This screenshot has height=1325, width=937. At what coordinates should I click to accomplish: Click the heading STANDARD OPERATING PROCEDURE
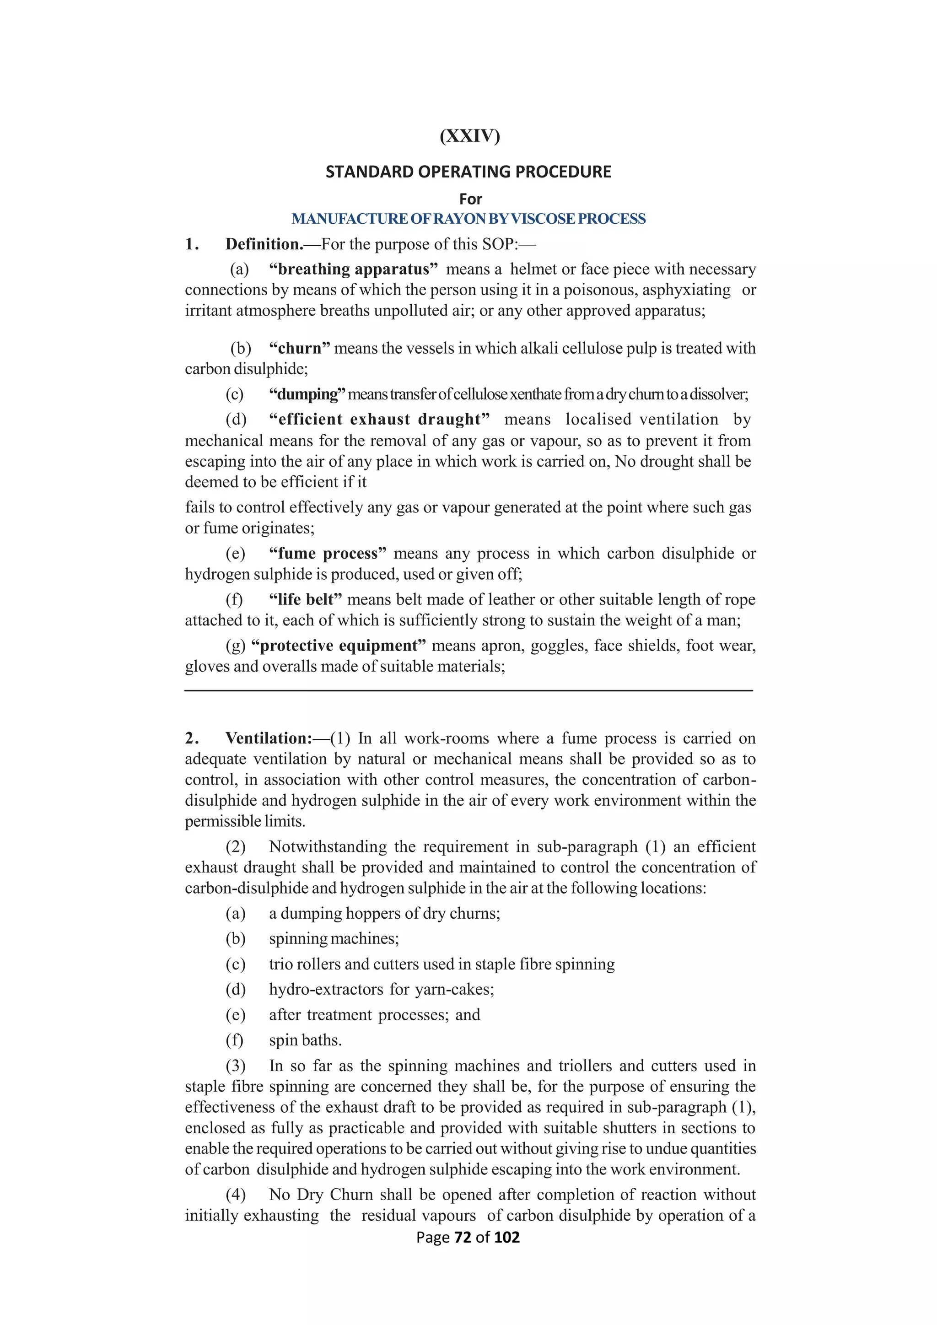point(468,172)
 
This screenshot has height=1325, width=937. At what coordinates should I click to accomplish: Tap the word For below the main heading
point(470,199)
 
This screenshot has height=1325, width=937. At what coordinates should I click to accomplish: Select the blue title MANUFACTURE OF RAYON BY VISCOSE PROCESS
point(468,219)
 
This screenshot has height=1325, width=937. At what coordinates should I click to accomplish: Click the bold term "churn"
point(300,349)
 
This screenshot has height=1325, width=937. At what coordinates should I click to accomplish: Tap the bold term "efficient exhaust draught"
point(379,420)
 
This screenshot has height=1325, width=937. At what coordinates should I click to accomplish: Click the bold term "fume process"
point(327,554)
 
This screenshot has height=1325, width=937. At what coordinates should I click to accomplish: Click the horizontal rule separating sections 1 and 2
point(468,690)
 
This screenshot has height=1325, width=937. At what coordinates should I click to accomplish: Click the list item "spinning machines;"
point(334,939)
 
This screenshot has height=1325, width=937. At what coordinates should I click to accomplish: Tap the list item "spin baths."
point(305,1040)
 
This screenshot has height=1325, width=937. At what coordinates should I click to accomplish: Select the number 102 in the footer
point(506,1237)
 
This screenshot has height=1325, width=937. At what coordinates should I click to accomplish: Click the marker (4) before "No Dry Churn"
point(236,1195)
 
